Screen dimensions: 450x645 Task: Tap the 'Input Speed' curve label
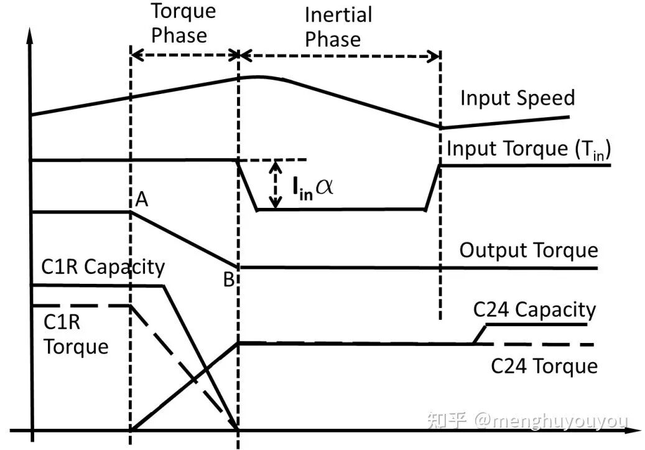tap(517, 98)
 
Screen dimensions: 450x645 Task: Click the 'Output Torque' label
tap(528, 250)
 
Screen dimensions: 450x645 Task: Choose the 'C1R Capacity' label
tap(103, 267)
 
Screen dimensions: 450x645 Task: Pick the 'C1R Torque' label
tap(75, 334)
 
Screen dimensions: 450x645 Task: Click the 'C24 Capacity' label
tap(534, 309)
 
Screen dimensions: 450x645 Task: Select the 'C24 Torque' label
tap(544, 365)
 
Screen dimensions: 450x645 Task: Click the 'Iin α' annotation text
tap(312, 185)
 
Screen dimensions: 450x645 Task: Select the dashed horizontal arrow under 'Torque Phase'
tap(185, 55)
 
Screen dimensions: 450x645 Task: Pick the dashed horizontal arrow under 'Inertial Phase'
tap(340, 55)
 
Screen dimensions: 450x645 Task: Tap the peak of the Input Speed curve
tap(252, 77)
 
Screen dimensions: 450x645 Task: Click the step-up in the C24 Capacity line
tap(478, 334)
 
